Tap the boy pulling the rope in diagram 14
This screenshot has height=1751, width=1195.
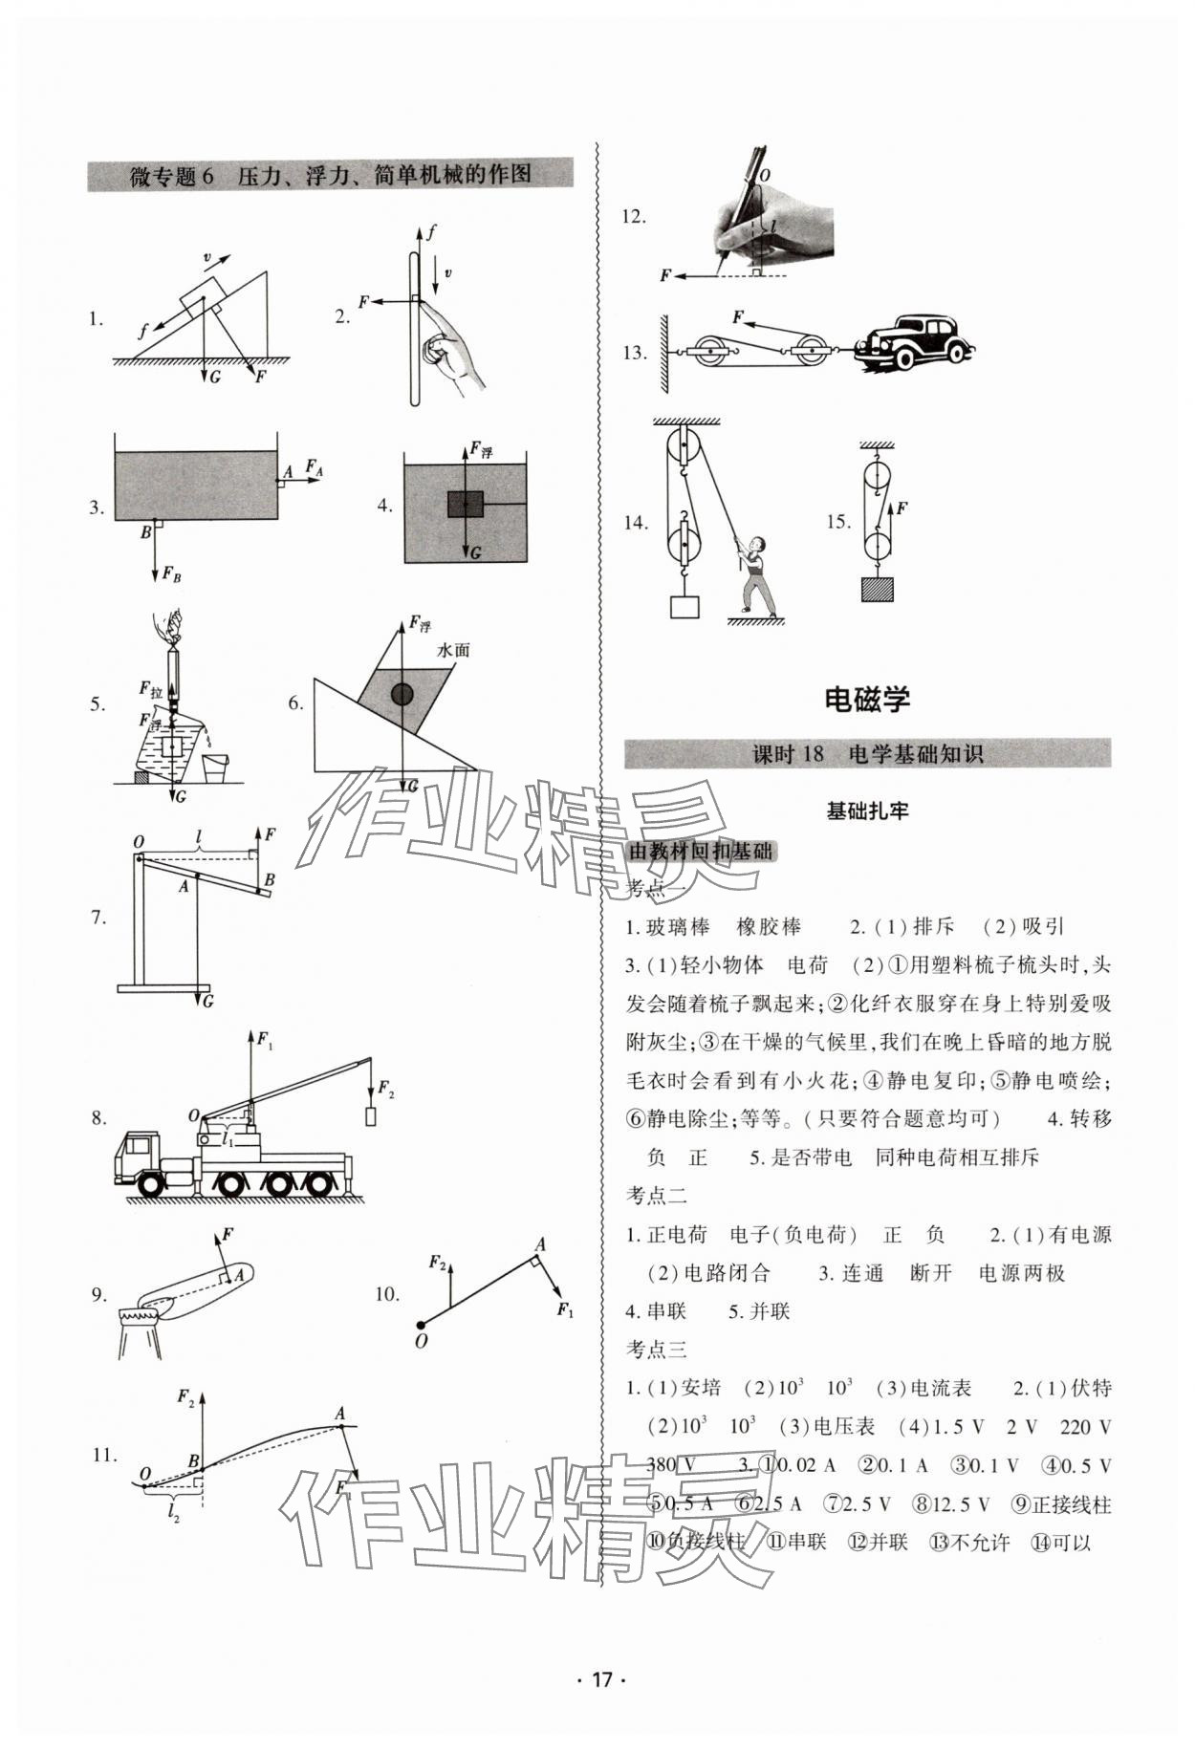757,573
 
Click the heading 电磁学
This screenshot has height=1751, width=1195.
867,700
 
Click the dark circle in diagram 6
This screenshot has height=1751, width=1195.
402,695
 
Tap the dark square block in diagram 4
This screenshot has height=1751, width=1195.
465,504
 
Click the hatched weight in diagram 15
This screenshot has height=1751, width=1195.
877,588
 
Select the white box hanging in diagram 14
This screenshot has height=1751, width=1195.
684,607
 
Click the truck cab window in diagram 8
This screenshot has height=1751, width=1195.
141,1144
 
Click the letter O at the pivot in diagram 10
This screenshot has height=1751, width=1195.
421,1341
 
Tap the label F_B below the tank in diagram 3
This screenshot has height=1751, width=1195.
171,574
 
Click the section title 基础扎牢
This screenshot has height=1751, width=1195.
867,811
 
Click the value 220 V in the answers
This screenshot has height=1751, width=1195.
1086,1427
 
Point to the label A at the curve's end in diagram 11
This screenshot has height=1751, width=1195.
339,1414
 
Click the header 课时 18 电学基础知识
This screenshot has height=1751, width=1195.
867,754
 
